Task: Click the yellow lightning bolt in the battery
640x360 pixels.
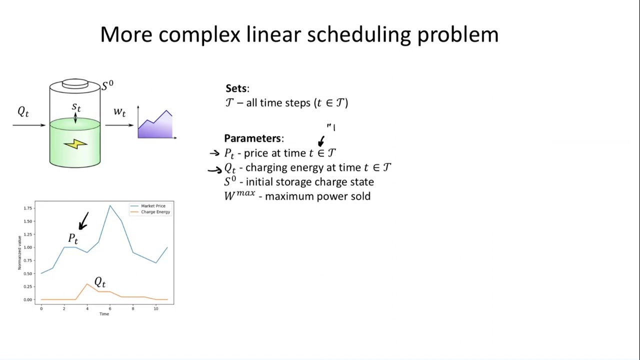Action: (75, 144)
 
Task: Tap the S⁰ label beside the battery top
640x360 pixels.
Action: (107, 85)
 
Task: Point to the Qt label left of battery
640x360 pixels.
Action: (23, 112)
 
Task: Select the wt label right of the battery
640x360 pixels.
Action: (119, 111)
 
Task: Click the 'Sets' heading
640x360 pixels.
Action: (236, 88)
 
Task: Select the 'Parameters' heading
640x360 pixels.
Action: (253, 138)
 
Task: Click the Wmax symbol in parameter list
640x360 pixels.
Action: (239, 195)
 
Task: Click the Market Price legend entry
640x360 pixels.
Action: (152, 206)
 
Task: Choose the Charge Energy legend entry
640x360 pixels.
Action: (155, 212)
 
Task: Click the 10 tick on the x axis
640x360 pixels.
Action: (156, 309)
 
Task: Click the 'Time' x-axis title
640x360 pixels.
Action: (104, 314)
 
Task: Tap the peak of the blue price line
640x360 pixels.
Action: (110, 205)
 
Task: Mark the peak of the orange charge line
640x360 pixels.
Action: (87, 284)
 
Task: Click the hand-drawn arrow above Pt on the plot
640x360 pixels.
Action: (84, 221)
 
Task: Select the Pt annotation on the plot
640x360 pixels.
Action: (73, 239)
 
